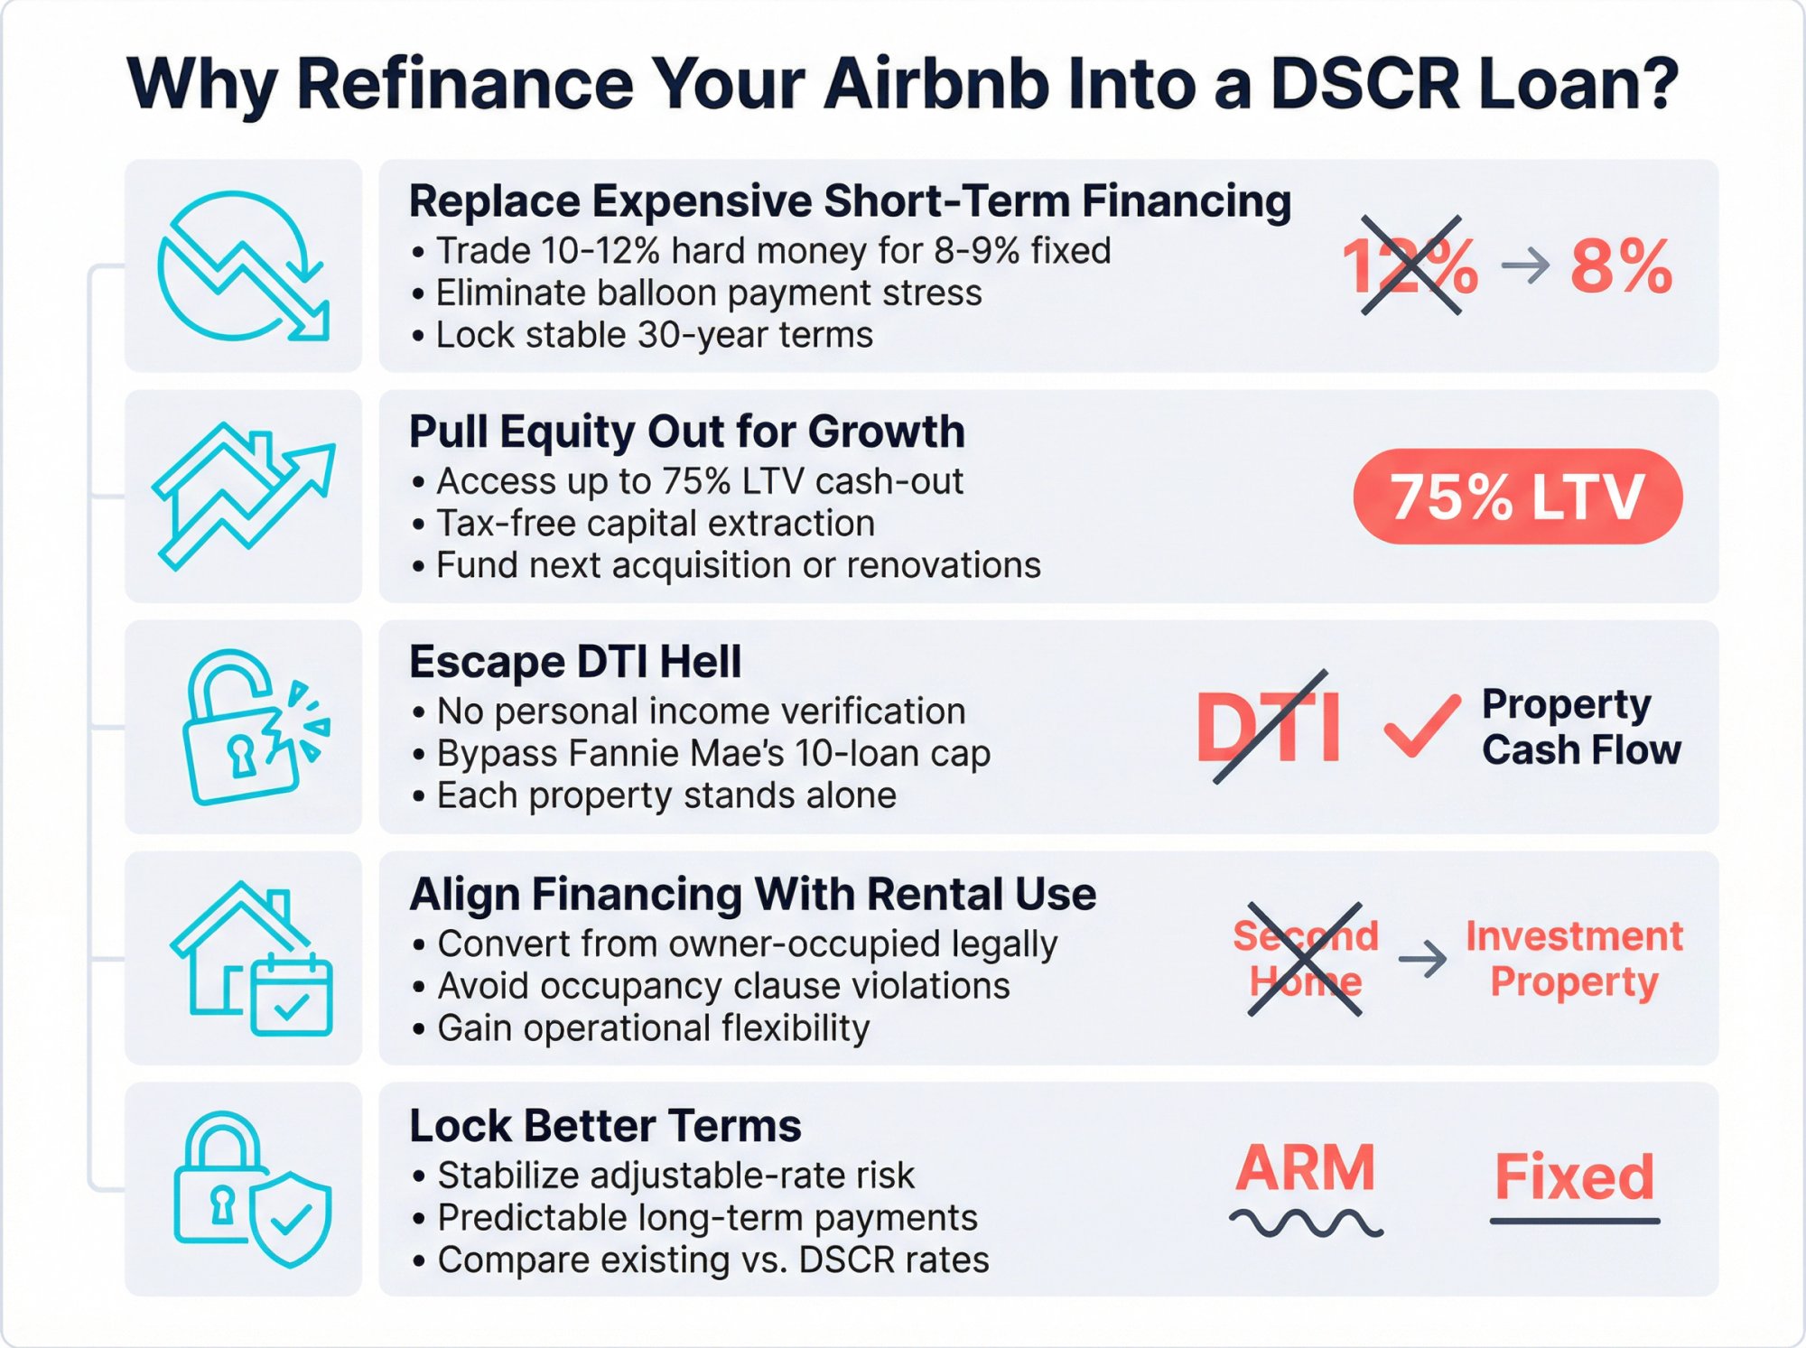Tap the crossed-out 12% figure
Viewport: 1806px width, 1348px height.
1410,265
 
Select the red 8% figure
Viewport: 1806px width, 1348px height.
1621,266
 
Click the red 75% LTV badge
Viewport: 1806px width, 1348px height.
1517,497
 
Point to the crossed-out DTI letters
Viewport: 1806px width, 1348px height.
1269,727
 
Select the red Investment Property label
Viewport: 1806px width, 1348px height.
1574,959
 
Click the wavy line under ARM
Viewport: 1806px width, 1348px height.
1306,1223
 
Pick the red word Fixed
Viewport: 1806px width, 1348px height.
1574,1176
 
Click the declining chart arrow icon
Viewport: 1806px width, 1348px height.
243,265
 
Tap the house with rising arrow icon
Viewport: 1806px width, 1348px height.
243,496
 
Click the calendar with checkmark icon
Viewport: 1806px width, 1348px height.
291,995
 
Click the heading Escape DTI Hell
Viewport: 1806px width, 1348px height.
575,662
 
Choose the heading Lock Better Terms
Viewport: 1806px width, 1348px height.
605,1125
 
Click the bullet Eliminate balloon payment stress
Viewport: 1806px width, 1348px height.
709,293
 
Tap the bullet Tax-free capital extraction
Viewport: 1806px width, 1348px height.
656,523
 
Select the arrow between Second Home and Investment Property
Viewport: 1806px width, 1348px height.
1422,959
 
